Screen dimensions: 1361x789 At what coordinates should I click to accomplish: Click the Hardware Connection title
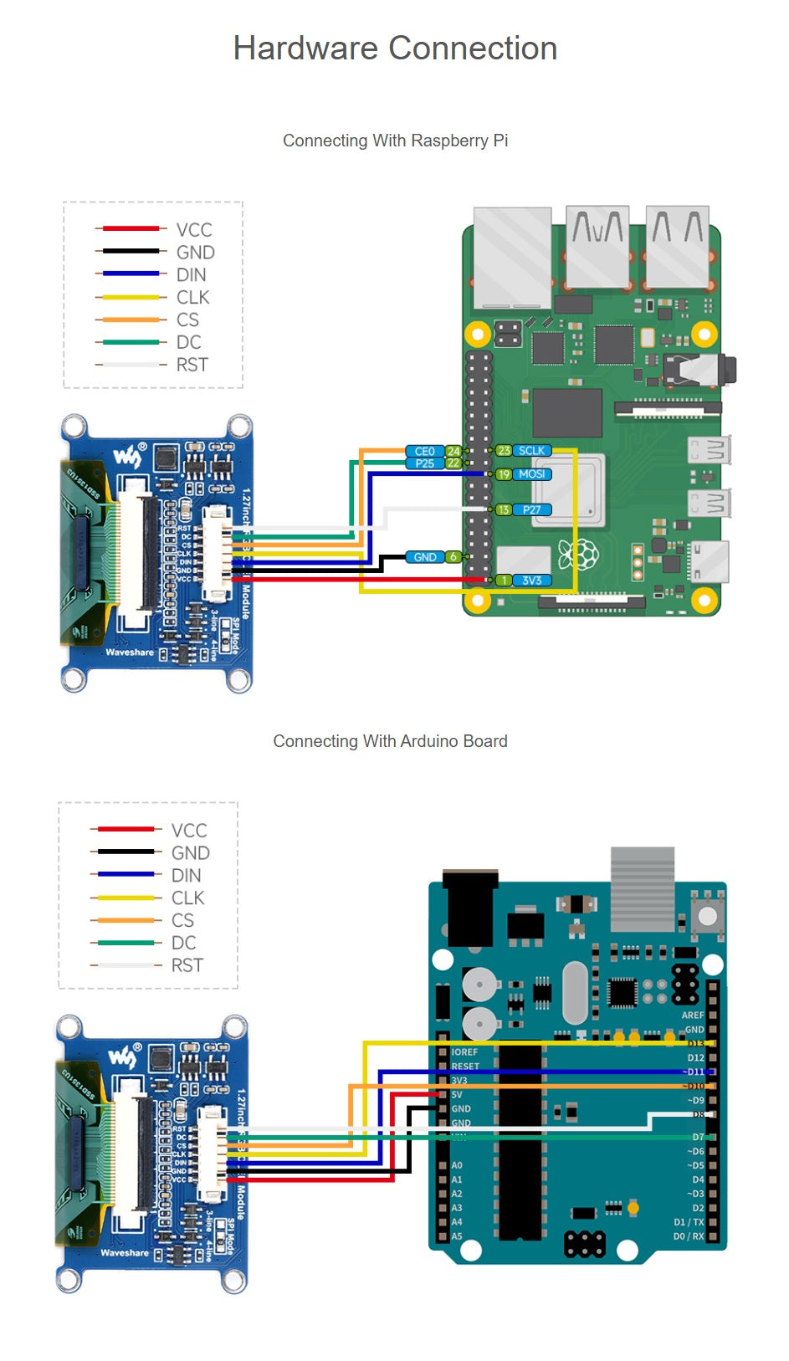395,49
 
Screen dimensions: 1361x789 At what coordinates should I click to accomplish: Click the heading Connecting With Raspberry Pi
395,141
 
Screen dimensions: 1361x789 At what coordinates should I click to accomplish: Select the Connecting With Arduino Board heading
390,741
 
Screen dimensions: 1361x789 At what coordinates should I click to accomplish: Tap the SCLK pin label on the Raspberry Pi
531,451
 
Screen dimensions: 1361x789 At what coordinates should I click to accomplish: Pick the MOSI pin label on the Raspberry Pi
531,474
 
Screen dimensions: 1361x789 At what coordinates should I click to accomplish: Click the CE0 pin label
424,452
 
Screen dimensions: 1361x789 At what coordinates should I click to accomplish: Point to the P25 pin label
424,463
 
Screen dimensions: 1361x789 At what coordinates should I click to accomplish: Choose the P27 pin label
531,509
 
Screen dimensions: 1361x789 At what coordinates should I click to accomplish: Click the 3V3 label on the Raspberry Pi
531,581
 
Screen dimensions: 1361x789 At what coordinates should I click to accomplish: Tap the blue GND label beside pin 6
424,557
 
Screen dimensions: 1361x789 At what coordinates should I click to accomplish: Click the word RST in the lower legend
187,965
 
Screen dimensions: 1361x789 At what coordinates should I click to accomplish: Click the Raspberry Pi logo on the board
579,555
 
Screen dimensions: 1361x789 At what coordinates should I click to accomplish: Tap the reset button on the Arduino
708,912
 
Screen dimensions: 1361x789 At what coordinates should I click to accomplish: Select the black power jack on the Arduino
470,908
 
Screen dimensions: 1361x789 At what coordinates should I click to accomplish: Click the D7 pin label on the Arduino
698,1138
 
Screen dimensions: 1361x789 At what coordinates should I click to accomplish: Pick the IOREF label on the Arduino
464,1052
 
